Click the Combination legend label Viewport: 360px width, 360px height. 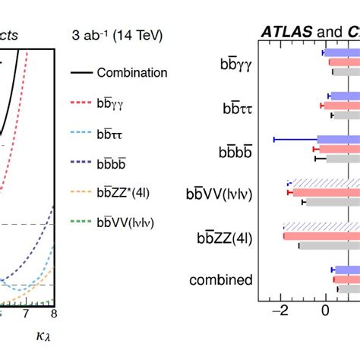131,74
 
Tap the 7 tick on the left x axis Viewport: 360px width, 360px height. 26,314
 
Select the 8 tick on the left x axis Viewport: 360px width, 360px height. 52,314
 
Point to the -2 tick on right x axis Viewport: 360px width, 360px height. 282,310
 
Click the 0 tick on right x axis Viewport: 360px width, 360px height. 326,310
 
